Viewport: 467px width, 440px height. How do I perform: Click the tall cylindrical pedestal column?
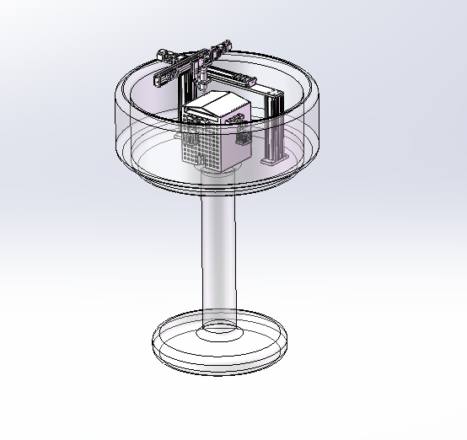tap(219, 253)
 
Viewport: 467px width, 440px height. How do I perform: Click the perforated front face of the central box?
tap(203, 143)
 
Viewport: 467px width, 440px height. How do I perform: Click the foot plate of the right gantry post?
tap(276, 158)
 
